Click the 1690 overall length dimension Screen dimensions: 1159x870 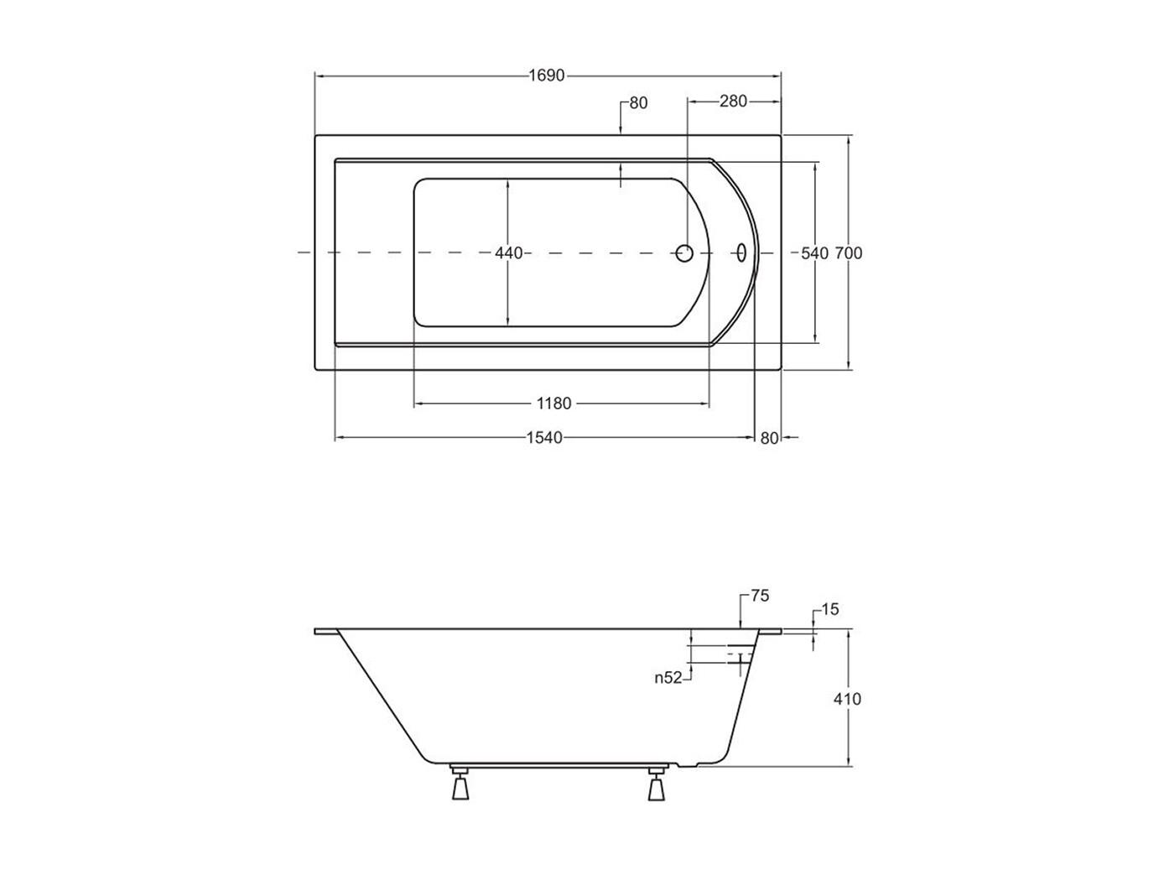pos(547,76)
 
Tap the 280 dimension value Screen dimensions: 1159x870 pos(733,101)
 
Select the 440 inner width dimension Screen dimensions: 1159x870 pos(508,253)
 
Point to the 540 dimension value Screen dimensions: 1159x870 pos(814,253)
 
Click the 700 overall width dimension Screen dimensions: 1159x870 pos(848,253)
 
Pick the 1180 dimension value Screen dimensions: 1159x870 pos(554,404)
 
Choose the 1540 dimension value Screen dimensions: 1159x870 pos(544,437)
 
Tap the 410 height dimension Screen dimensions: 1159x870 pos(847,699)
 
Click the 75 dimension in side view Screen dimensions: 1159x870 pos(760,596)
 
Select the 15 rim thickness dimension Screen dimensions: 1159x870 pos(830,610)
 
